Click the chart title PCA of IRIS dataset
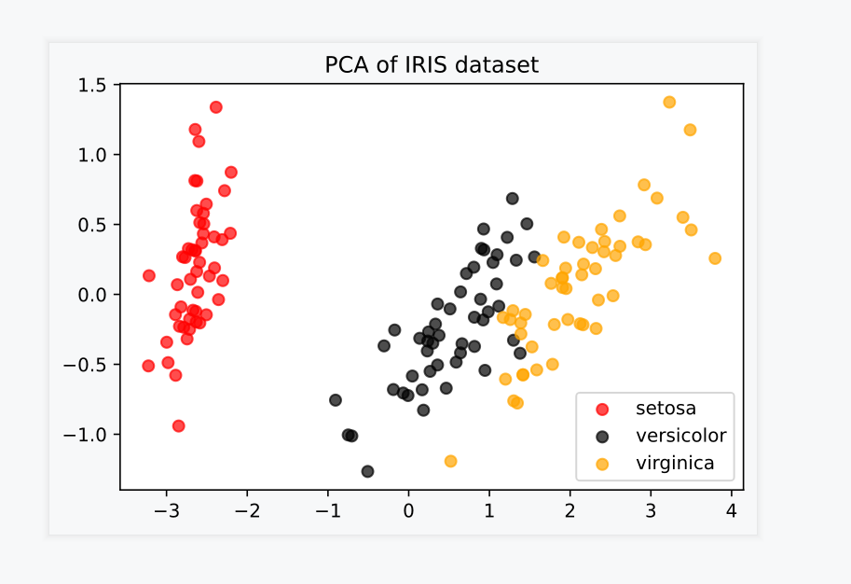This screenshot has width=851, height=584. (432, 65)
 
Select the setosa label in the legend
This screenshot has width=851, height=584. (666, 408)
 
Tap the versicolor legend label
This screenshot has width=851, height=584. (680, 436)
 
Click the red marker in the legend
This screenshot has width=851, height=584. (602, 409)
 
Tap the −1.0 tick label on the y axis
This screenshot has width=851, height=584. (89, 434)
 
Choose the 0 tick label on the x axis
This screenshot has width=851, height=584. (408, 510)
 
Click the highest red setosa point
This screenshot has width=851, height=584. (216, 107)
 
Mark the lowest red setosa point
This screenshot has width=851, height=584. (179, 426)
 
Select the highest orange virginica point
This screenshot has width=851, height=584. (669, 103)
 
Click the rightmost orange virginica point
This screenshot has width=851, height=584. (715, 258)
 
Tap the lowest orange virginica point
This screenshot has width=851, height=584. (451, 461)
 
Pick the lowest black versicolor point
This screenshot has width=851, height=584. (368, 471)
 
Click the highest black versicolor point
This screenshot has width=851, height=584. (513, 199)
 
